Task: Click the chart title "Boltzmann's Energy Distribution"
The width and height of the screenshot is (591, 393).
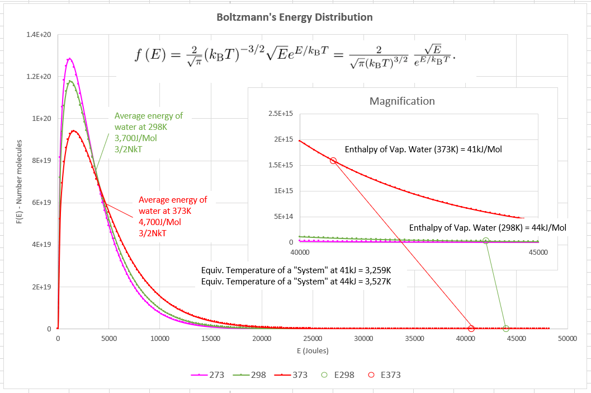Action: (295, 17)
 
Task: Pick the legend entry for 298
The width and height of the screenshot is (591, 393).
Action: (250, 375)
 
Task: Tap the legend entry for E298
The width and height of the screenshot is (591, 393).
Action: (340, 375)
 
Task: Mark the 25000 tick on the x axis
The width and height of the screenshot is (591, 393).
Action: (313, 339)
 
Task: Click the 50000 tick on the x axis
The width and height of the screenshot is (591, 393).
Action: (567, 339)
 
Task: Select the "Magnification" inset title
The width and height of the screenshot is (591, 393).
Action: (402, 101)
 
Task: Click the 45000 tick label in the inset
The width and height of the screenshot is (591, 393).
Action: (538, 252)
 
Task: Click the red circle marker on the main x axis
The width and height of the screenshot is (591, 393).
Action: (471, 329)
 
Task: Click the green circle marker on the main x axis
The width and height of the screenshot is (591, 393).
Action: (506, 329)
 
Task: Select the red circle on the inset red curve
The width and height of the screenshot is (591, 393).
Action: (333, 161)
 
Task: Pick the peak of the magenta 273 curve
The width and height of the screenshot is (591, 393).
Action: (69, 59)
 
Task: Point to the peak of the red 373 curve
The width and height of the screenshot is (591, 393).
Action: (73, 130)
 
